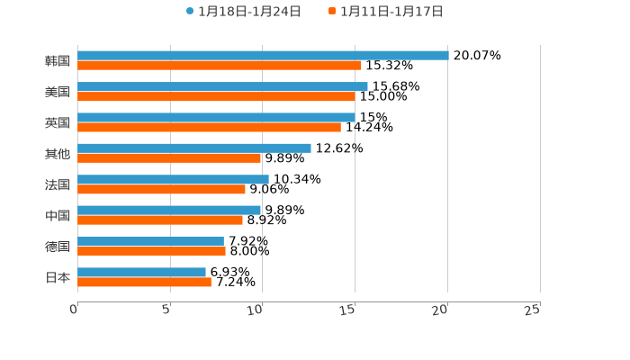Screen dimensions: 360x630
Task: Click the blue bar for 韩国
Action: point(263,55)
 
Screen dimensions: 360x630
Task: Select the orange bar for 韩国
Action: point(219,66)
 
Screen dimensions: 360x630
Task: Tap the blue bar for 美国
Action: point(222,86)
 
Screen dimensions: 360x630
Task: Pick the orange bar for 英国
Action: point(209,128)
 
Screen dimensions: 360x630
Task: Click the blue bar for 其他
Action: point(194,148)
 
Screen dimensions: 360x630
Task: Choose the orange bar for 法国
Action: point(161,190)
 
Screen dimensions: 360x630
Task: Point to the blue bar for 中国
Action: point(169,210)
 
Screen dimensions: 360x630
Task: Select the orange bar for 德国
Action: point(151,252)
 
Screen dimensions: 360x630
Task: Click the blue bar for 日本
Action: point(141,272)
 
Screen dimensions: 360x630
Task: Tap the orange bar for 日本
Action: point(144,283)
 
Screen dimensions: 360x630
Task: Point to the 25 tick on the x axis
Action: point(533,310)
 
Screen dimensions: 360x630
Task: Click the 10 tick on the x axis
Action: point(256,310)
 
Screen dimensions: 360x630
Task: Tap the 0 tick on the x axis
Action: point(74,310)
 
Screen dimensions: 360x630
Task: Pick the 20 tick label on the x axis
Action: point(440,310)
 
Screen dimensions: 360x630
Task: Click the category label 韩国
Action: point(58,61)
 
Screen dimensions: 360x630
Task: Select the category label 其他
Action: point(58,154)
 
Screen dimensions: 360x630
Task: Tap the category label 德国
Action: point(58,247)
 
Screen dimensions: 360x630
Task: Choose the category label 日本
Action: point(58,278)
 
